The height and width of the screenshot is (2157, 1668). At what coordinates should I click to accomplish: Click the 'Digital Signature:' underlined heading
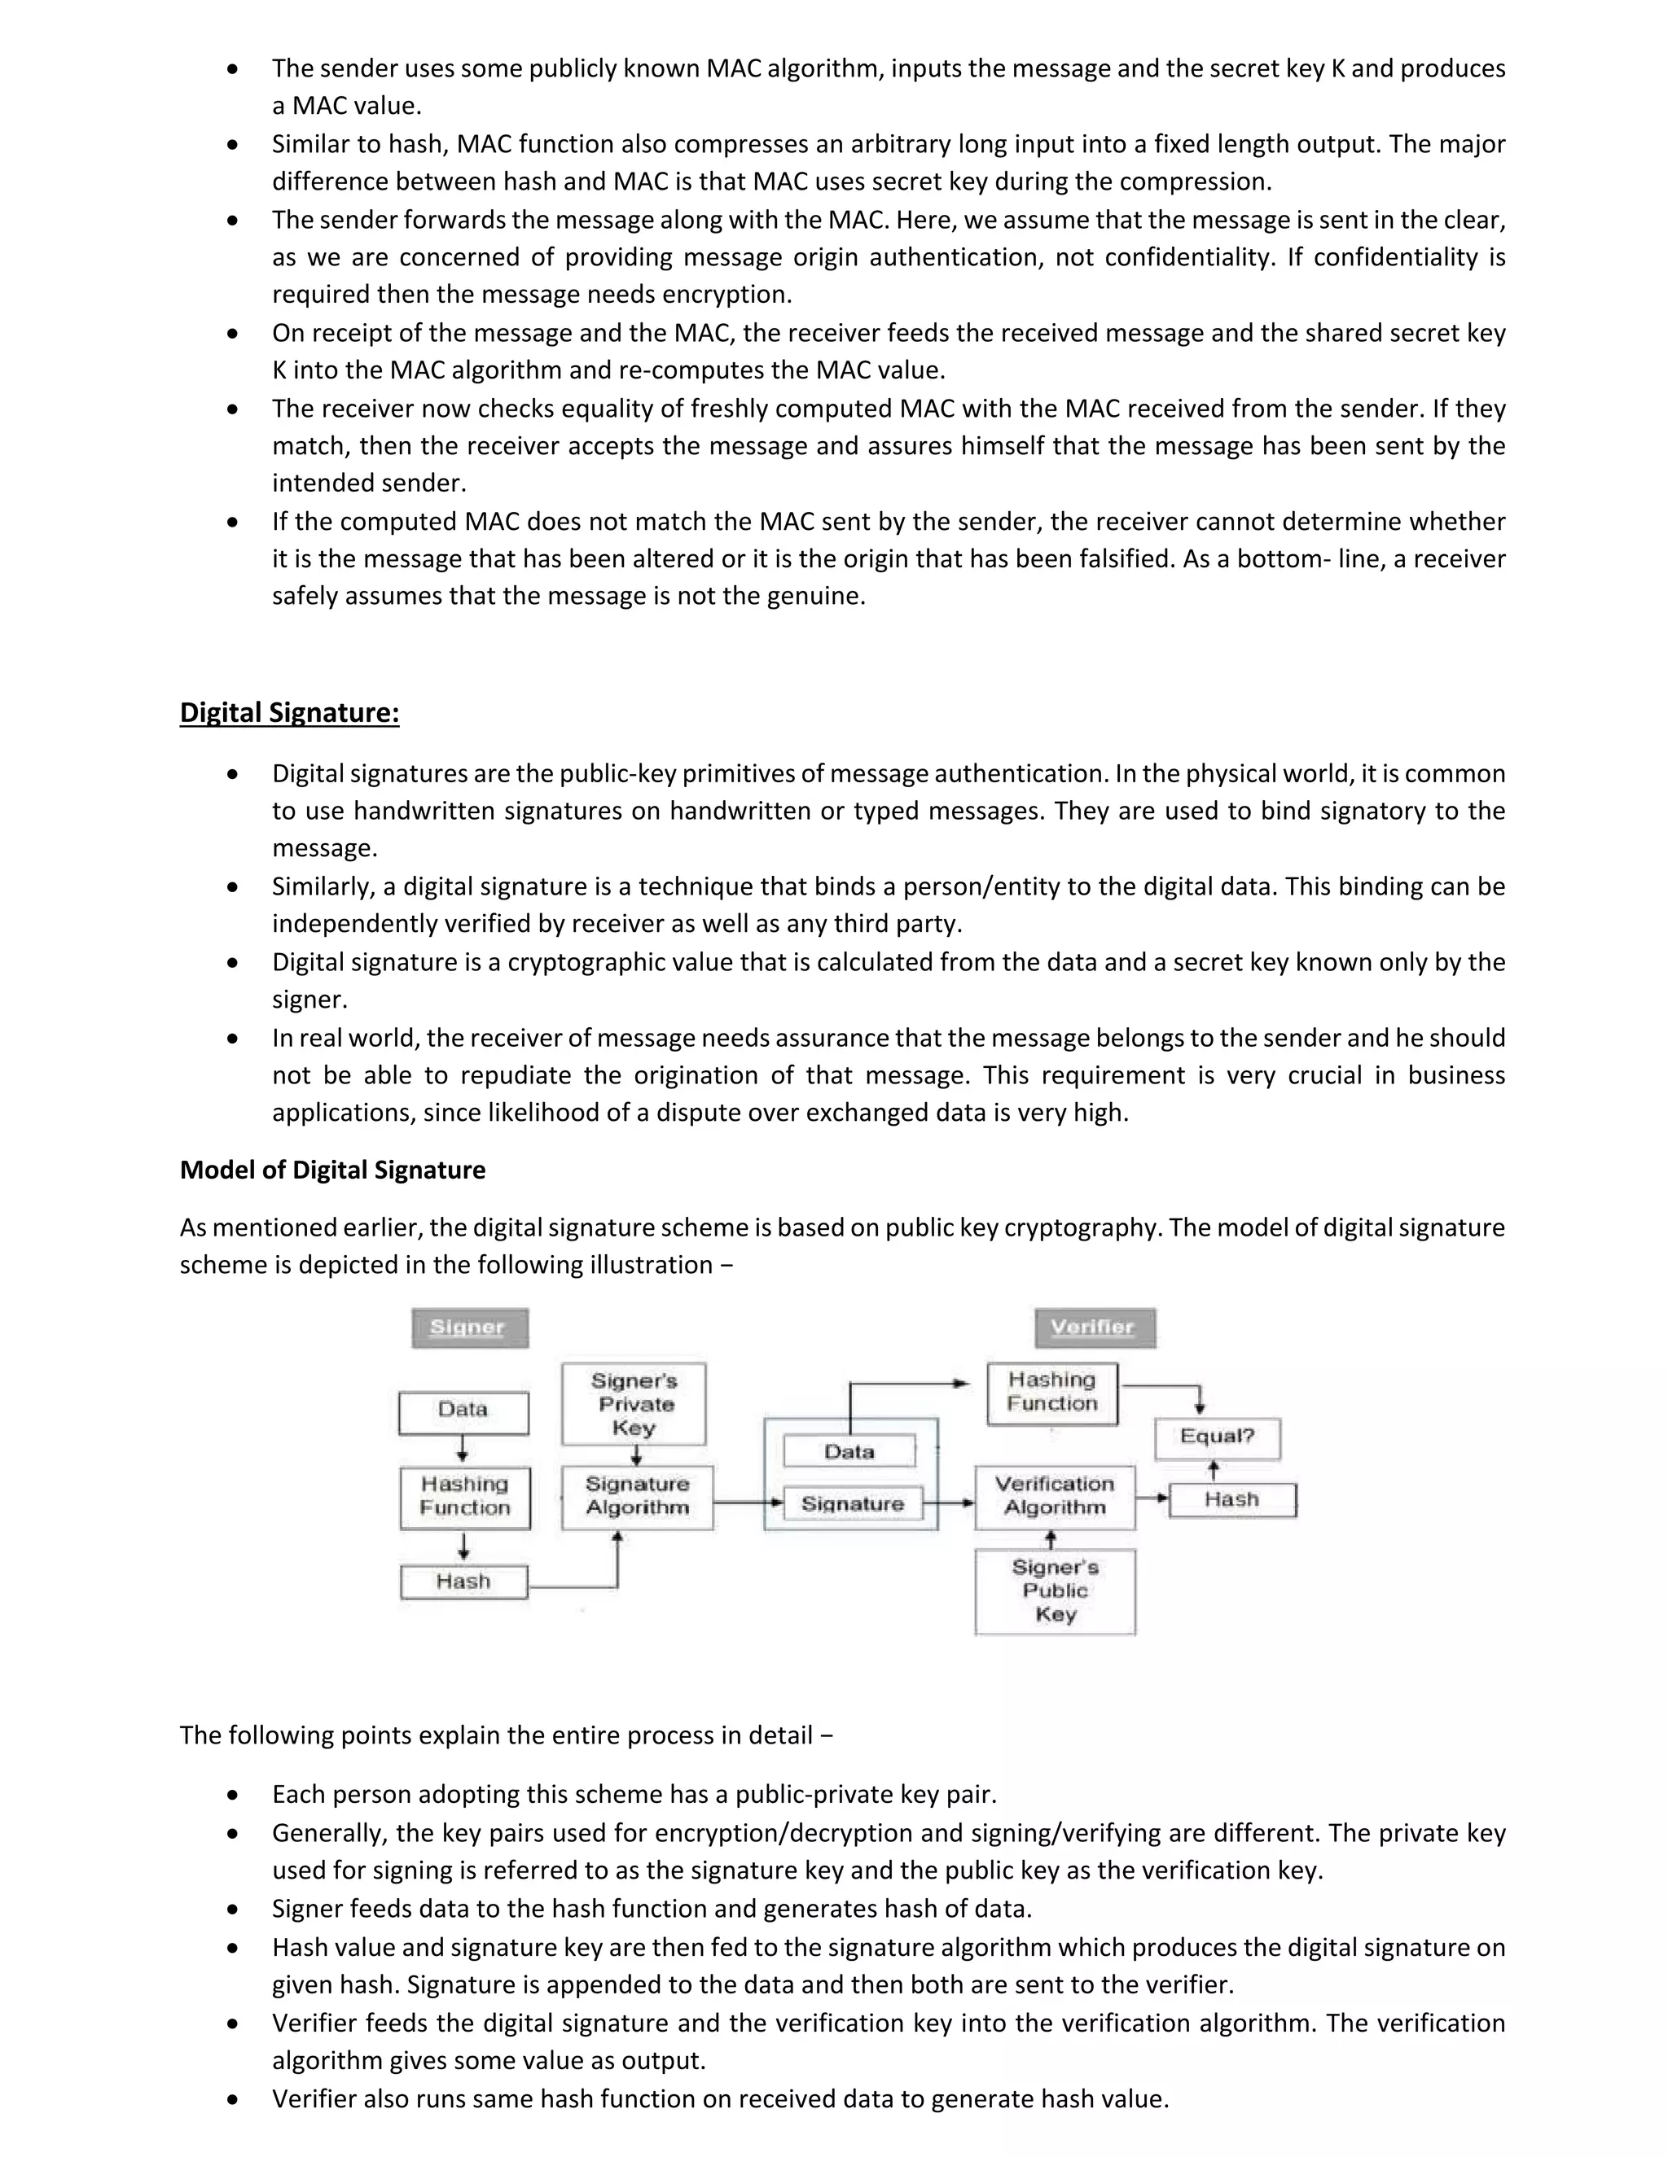pos(288,712)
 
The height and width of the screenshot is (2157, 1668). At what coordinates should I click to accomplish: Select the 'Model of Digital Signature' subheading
pos(332,1170)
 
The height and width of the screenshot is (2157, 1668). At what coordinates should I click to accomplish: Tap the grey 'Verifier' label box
pos(1094,1328)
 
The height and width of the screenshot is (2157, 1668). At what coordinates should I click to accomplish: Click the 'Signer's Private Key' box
pos(634,1403)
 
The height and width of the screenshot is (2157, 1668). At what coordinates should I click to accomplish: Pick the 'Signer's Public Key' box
pos(1055,1591)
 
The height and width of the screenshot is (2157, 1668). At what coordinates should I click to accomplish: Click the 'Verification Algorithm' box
pos(1055,1496)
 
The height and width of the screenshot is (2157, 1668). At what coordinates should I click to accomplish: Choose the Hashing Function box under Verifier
pos(1051,1393)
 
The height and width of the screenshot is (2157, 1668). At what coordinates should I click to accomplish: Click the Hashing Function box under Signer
pos(464,1496)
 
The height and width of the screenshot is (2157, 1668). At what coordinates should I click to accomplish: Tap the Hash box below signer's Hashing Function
pos(463,1582)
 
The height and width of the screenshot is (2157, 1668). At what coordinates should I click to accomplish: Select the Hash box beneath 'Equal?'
pos(1231,1499)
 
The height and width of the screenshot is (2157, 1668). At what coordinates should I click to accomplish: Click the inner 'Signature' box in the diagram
pos(852,1503)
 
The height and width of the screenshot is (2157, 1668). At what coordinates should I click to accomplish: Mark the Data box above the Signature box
pos(849,1450)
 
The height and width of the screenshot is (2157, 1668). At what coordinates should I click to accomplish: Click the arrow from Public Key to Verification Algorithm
pos(1051,1538)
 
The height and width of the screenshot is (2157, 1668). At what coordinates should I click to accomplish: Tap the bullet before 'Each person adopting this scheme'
pos(232,1795)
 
